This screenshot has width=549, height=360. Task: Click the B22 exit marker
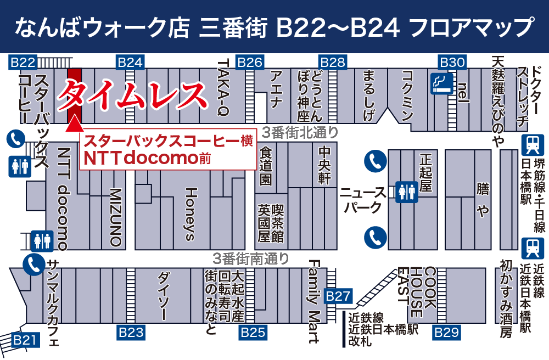pyautogui.click(x=23, y=62)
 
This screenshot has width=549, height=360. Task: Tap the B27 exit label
pyautogui.click(x=338, y=296)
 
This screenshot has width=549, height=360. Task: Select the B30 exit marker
pyautogui.click(x=452, y=62)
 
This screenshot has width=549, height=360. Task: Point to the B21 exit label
pyautogui.click(x=25, y=340)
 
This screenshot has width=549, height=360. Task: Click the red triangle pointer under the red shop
pyautogui.click(x=74, y=126)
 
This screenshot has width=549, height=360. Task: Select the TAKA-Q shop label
pyautogui.click(x=223, y=88)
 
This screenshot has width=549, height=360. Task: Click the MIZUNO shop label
pyautogui.click(x=115, y=217)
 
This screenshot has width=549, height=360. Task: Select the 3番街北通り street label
pyautogui.click(x=299, y=132)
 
